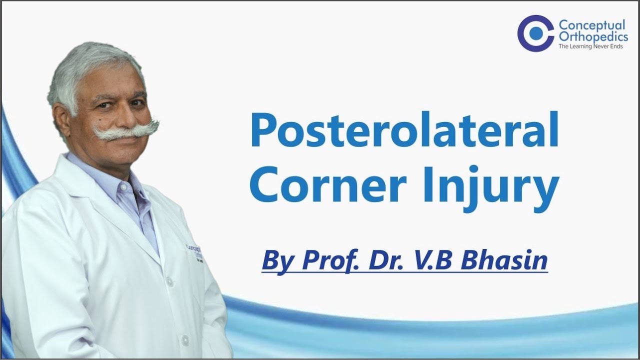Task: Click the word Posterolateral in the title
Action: (404, 131)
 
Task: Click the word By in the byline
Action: (278, 261)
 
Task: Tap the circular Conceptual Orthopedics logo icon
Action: (535, 33)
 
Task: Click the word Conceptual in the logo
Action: (591, 25)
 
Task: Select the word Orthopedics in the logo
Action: (593, 36)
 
